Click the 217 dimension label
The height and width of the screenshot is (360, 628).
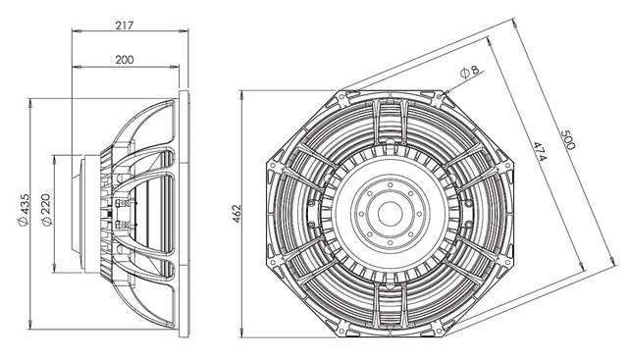coord(125,26)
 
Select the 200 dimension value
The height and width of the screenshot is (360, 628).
coord(125,60)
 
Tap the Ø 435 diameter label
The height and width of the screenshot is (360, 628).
coord(24,210)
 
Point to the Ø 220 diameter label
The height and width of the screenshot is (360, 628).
coord(46,210)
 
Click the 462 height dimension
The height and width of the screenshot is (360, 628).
coord(237,214)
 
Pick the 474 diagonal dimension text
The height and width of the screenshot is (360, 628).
coord(539,151)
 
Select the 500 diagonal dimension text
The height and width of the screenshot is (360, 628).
coord(568,139)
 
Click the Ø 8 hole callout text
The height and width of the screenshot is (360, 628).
coord(469,72)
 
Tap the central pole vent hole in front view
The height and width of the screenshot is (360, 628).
coord(391,214)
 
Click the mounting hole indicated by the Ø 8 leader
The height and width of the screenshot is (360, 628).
coord(440,97)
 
